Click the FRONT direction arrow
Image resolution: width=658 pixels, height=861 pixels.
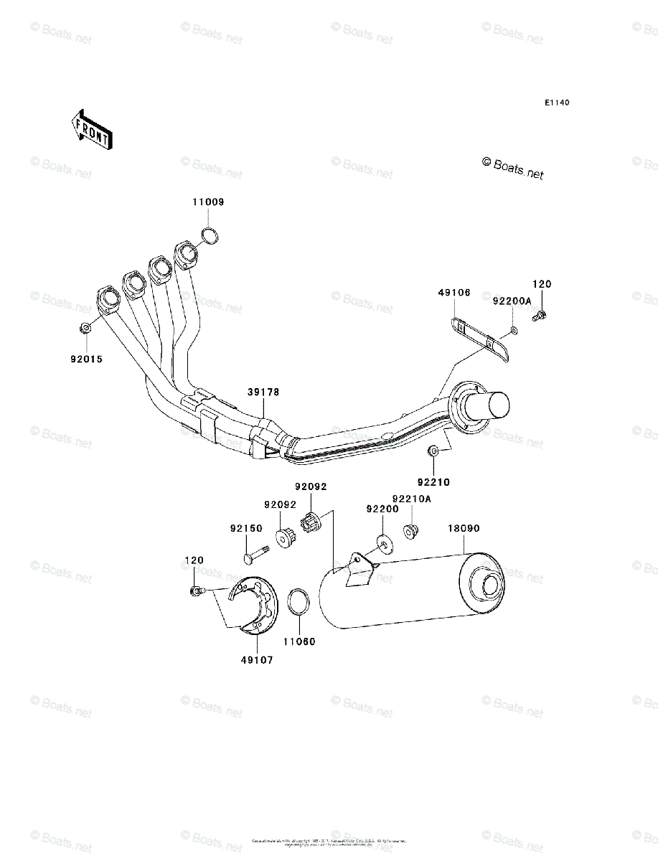90,129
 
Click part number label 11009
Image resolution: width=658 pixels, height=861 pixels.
208,202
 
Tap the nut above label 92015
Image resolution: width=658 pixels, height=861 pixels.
85,328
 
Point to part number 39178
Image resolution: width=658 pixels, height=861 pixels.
264,392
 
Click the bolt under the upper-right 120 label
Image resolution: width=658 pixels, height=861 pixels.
540,314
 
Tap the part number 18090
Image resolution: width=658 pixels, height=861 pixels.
464,529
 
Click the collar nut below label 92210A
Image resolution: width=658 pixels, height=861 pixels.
411,532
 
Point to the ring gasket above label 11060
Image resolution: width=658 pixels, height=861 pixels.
299,603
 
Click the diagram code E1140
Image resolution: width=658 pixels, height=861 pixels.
556,103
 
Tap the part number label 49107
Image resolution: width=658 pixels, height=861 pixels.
258,660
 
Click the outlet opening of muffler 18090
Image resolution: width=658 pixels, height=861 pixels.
492,585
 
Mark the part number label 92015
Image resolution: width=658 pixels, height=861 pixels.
86,359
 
